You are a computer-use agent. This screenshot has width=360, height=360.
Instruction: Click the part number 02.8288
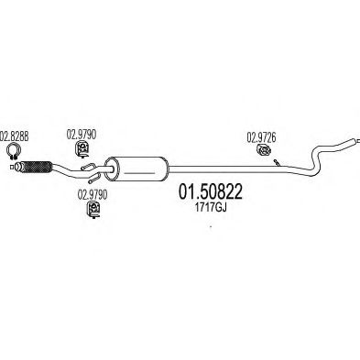click(15, 136)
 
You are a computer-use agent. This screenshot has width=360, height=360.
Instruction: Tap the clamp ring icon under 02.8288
click(13, 150)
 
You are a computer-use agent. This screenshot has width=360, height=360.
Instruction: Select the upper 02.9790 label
click(82, 135)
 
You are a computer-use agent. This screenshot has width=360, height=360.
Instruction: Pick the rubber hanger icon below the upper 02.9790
click(82, 148)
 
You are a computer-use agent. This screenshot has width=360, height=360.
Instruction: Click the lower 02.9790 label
click(93, 195)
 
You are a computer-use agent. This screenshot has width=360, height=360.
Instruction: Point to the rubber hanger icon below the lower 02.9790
click(93, 210)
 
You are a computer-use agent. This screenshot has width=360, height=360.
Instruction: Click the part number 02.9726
click(261, 137)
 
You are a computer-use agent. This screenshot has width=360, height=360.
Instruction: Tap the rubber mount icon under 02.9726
click(263, 150)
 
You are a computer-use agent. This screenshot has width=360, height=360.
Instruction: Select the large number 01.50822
click(211, 191)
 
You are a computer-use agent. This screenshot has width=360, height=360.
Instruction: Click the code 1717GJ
click(211, 208)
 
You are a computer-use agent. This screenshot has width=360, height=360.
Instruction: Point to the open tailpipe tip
click(355, 141)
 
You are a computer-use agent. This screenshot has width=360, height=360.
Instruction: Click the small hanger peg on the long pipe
click(277, 163)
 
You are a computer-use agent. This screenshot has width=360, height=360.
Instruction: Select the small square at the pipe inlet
click(12, 167)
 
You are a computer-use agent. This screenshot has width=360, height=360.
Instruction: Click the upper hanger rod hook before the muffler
click(89, 167)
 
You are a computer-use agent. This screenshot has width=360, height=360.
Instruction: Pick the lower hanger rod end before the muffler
click(91, 182)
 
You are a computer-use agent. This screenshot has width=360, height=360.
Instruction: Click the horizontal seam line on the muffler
click(140, 173)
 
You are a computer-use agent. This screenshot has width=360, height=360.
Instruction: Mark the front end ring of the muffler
click(109, 169)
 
